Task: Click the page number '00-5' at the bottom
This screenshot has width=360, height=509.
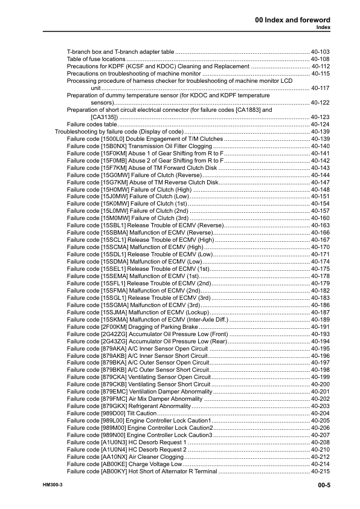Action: point(320,485)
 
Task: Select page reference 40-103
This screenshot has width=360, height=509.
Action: point(320,53)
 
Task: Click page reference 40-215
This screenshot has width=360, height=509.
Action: point(320,470)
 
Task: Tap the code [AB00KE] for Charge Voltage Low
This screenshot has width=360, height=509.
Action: point(109,463)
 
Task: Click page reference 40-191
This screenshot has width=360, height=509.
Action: point(320,326)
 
